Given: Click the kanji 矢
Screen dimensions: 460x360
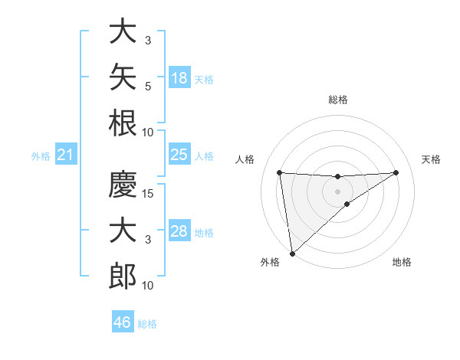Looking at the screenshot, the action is click(x=123, y=77).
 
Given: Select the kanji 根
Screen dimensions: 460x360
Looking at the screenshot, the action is click(x=123, y=123).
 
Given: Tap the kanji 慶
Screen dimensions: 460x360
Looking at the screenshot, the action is click(x=123, y=184).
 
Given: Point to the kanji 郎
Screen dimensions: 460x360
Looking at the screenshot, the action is click(x=123, y=276).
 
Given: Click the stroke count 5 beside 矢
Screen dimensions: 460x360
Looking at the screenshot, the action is click(x=148, y=87).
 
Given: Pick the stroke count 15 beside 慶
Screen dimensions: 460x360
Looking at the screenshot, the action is click(x=147, y=194).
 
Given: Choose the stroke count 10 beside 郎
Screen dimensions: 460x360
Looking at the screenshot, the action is click(x=147, y=285).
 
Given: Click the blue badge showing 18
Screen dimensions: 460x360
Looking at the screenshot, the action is click(x=179, y=77).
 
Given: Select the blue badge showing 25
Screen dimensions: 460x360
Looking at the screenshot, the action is click(x=179, y=154).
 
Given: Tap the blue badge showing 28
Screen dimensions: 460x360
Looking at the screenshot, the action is click(x=179, y=230).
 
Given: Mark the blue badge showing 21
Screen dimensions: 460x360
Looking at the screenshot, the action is click(x=66, y=154).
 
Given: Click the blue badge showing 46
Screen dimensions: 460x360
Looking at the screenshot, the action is click(x=123, y=321).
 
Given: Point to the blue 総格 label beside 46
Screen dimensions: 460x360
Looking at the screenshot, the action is click(x=147, y=324).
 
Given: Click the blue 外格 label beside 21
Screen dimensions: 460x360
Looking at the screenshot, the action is click(x=41, y=156).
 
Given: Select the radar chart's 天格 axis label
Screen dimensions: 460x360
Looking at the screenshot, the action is click(x=431, y=159).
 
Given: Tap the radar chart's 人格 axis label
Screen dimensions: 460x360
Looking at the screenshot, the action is click(x=245, y=159).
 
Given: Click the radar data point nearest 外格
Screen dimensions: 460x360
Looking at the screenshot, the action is click(x=292, y=254).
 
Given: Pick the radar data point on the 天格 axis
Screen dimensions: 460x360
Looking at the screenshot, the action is click(x=396, y=172).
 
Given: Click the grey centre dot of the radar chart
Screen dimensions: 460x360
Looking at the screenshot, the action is click(x=337, y=191).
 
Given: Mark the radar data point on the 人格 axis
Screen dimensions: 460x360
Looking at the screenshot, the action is click(x=280, y=172).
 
